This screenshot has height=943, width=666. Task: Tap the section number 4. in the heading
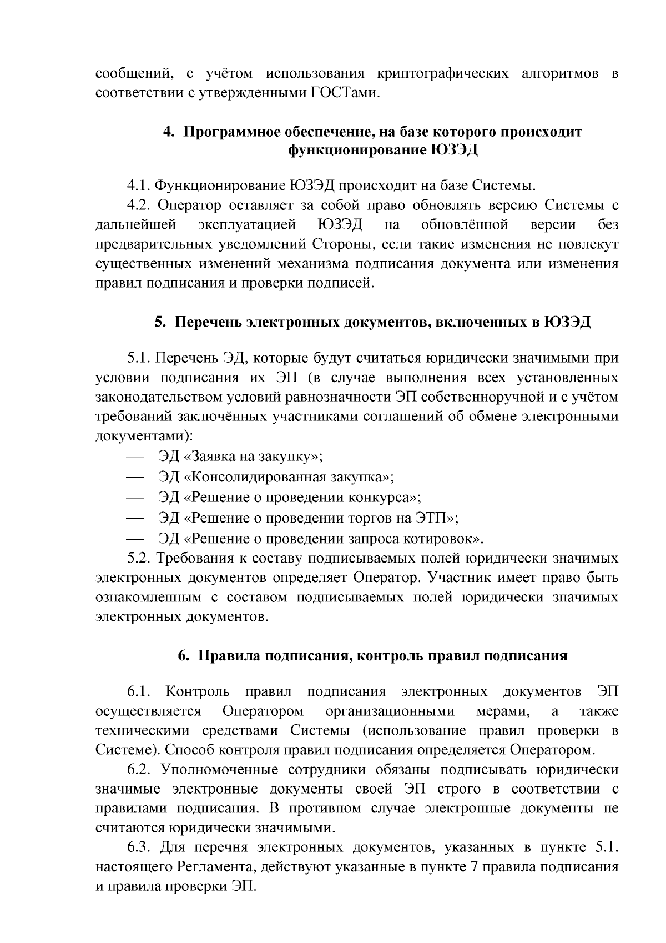click(169, 132)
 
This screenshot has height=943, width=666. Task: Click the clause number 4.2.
click(139, 205)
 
